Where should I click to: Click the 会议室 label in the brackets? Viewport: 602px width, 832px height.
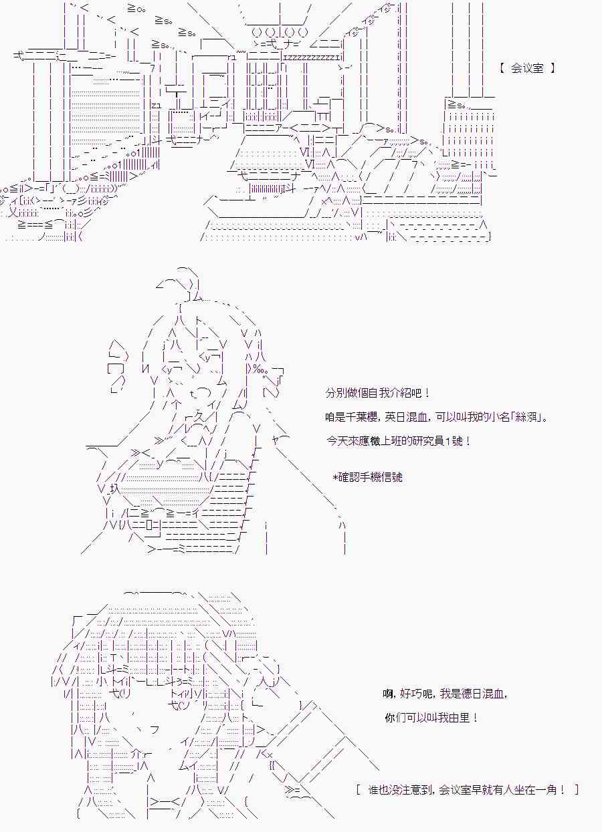[x=527, y=68]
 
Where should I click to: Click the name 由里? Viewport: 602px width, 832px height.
[x=462, y=718]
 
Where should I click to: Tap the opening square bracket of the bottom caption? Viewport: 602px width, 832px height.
[x=360, y=790]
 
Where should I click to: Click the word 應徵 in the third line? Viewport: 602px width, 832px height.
[x=361, y=441]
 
